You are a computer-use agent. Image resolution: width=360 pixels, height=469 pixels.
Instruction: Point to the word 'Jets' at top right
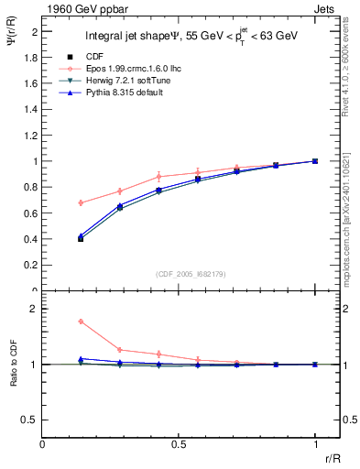pyautogui.click(x=326, y=7)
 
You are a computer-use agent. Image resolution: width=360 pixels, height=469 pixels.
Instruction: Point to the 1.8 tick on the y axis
pyautogui.click(x=32, y=57)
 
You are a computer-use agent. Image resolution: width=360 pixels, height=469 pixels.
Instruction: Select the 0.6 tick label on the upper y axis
pyautogui.click(x=32, y=213)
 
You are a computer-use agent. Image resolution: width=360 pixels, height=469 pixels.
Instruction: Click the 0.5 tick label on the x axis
pyautogui.click(x=179, y=443)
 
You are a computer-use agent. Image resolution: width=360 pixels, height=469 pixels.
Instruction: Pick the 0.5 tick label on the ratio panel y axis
pyautogui.click(x=31, y=420)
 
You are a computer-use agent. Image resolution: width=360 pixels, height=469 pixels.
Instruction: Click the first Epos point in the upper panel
pyautogui.click(x=81, y=202)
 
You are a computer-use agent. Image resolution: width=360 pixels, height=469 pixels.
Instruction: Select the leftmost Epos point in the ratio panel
pyautogui.click(x=81, y=322)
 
